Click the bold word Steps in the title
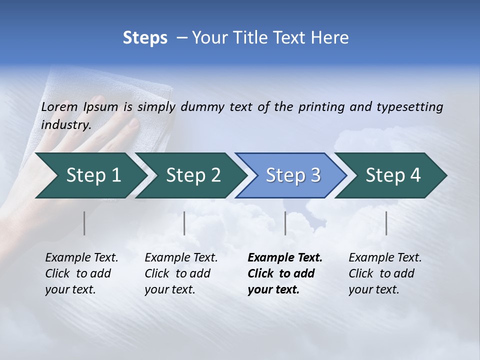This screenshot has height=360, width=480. pyautogui.click(x=145, y=38)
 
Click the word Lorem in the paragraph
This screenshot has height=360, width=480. pyautogui.click(x=59, y=107)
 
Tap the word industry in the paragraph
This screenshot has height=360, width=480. pyautogui.click(x=66, y=125)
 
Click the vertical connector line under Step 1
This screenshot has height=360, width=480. pyautogui.click(x=84, y=223)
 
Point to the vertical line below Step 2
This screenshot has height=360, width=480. pyautogui.click(x=184, y=223)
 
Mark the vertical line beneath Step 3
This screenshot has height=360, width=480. pyautogui.click(x=285, y=223)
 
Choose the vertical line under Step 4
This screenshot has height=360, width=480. pyautogui.click(x=386, y=223)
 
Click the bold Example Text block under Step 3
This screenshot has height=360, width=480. pyautogui.click(x=284, y=273)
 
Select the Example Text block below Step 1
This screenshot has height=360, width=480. pyautogui.click(x=81, y=273)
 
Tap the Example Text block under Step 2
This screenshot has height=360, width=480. pyautogui.click(x=181, y=273)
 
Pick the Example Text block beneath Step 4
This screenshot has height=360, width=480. pyautogui.click(x=385, y=273)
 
